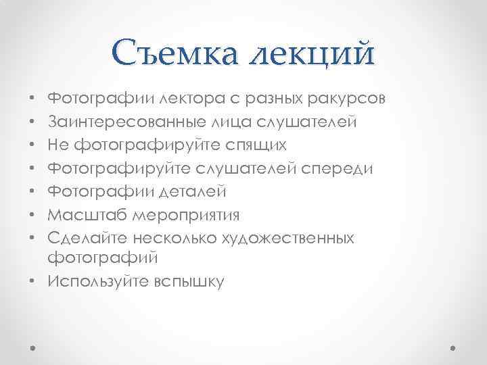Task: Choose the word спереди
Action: click(336, 168)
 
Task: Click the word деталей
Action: click(195, 192)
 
